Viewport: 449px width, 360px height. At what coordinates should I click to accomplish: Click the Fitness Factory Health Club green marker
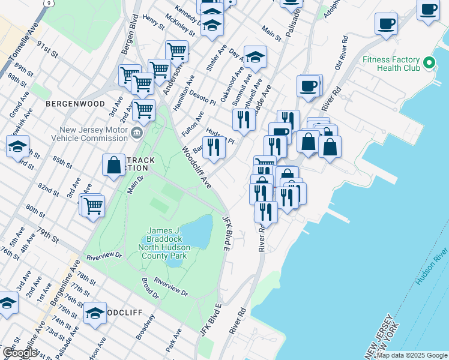click(x=429, y=63)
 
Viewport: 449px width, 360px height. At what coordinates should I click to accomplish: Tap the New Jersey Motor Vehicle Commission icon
click(x=137, y=133)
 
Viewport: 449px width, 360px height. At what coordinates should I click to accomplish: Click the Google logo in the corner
click(x=20, y=353)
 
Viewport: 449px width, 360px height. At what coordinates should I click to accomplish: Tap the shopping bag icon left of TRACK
click(x=113, y=165)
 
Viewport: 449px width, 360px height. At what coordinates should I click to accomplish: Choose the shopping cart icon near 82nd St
click(x=93, y=206)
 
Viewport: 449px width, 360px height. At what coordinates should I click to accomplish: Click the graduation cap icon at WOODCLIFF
click(x=95, y=314)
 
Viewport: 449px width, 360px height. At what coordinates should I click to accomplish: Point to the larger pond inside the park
click(x=197, y=231)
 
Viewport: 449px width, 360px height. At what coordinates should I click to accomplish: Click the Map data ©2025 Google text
click(x=412, y=355)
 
